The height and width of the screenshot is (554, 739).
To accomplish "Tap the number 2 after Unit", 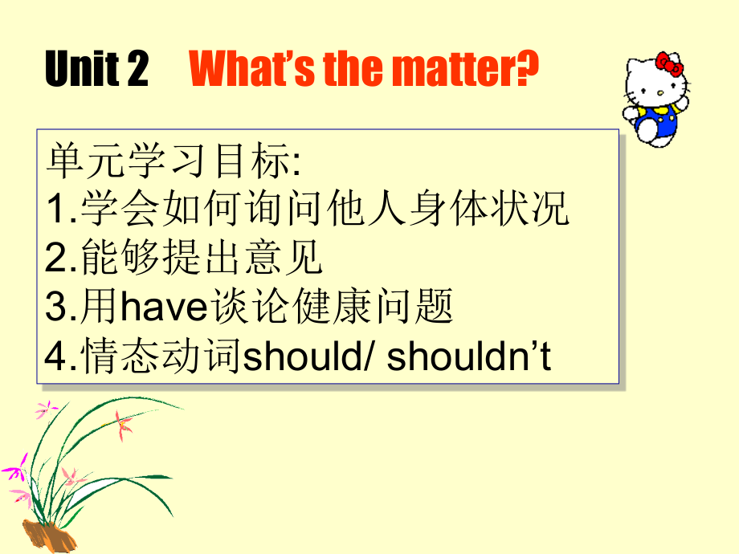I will pyautogui.click(x=137, y=71).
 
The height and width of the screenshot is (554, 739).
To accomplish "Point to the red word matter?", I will pyautogui.click(x=465, y=71).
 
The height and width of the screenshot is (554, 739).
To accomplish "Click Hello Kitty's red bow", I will pyautogui.click(x=668, y=63).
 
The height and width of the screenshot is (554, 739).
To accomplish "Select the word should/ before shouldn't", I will pyautogui.click(x=307, y=357).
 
